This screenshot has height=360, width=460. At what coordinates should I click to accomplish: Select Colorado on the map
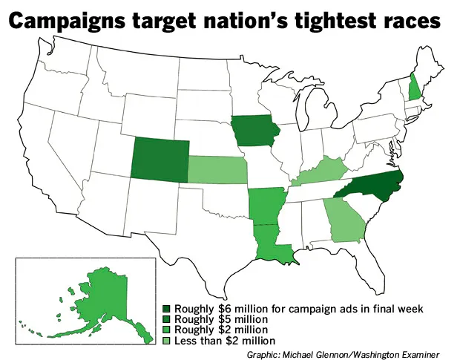click(x=160, y=156)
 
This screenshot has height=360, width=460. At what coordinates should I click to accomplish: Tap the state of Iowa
click(x=255, y=133)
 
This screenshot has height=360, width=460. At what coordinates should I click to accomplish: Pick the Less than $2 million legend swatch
click(x=167, y=340)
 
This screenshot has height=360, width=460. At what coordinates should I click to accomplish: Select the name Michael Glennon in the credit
click(x=319, y=353)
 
